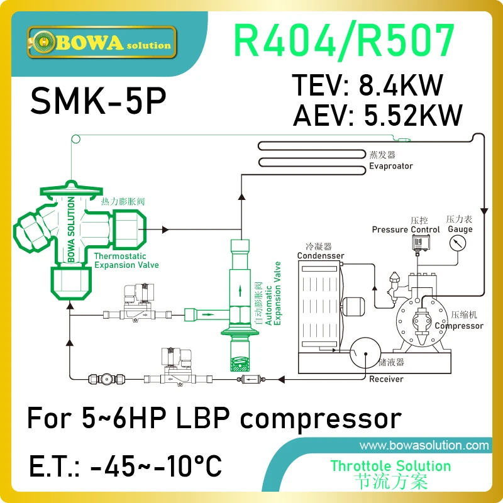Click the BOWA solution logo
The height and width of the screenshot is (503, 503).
pos(101,43)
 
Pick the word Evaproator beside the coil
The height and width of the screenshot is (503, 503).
pos(390,166)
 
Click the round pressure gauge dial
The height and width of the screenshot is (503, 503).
pos(460,247)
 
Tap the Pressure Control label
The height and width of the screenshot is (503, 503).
pos(406,229)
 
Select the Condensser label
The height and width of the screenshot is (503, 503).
pos(321,256)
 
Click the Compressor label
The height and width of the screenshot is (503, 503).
pos(459,326)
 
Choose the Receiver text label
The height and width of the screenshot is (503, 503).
pos(386,379)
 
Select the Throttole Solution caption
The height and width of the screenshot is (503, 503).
pos(390,466)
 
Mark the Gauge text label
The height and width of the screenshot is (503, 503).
pos(460,229)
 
